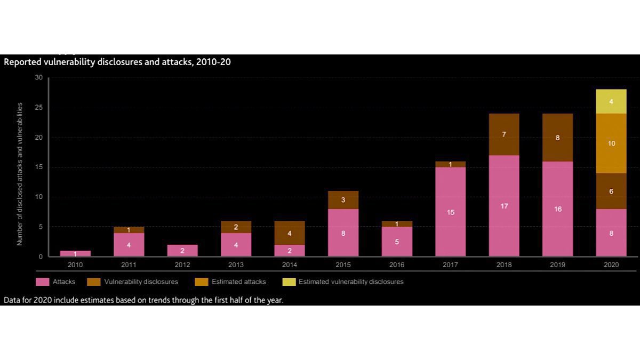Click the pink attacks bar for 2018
(504, 206)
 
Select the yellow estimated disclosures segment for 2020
(611, 101)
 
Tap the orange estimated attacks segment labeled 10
(611, 143)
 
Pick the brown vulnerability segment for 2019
(557, 138)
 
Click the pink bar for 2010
(75, 253)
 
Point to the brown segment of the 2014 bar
(290, 233)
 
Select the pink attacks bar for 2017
(450, 212)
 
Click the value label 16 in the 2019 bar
(557, 209)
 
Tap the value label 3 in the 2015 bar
(343, 200)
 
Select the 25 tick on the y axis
(38, 108)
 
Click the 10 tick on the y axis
(38, 197)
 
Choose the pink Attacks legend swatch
(43, 282)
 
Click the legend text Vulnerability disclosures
(141, 282)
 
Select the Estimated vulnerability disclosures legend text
(350, 282)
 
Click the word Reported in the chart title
(20, 62)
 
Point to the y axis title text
(20, 173)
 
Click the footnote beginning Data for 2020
(143, 300)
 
